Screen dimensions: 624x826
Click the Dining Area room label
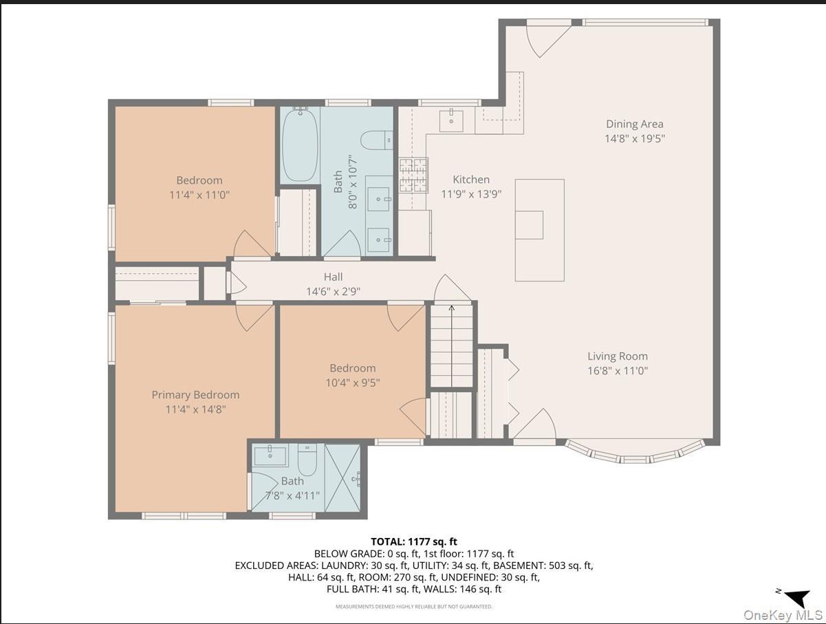click(634, 124)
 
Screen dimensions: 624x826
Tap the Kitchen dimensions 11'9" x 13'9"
click(471, 194)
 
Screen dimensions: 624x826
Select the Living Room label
click(617, 356)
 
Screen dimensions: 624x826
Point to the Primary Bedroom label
click(195, 394)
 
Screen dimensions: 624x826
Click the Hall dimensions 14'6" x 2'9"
click(333, 291)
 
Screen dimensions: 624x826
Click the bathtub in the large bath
click(300, 145)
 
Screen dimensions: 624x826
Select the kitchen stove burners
click(413, 175)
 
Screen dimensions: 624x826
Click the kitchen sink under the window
click(451, 119)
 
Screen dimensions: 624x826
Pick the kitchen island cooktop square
click(529, 224)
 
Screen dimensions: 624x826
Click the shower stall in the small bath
click(343, 477)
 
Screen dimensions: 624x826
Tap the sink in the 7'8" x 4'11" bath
click(270, 455)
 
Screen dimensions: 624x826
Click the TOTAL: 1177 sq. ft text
click(413, 542)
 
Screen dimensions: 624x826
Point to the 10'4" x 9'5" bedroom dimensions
click(352, 382)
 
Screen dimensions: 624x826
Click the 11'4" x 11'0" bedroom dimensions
click(199, 195)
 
